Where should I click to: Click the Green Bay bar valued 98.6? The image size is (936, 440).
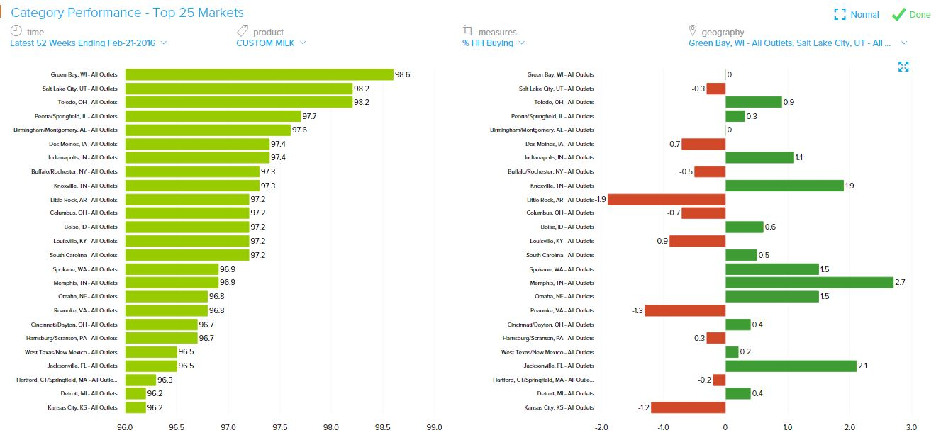(259, 74)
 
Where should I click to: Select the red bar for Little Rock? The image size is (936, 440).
(667, 199)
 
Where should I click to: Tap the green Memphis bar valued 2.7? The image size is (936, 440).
(809, 282)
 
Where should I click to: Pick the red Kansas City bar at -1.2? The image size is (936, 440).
(688, 407)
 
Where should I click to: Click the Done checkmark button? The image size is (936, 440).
(910, 14)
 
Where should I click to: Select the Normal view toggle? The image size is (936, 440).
(857, 14)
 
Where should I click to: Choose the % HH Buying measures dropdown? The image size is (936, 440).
(493, 43)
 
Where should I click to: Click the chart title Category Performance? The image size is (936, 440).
(128, 13)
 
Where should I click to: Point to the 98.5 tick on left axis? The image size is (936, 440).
(383, 427)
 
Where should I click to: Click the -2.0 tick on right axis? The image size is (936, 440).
(601, 427)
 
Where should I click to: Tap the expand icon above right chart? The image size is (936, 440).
(903, 67)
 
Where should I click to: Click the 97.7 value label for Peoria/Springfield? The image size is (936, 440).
(310, 116)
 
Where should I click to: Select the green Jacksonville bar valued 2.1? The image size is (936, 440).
(791, 366)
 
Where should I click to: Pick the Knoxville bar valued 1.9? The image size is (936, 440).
(784, 186)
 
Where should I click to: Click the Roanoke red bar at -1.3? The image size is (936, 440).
(684, 310)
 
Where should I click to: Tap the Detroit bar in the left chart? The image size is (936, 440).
(135, 393)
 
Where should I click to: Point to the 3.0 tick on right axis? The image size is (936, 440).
(911, 427)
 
